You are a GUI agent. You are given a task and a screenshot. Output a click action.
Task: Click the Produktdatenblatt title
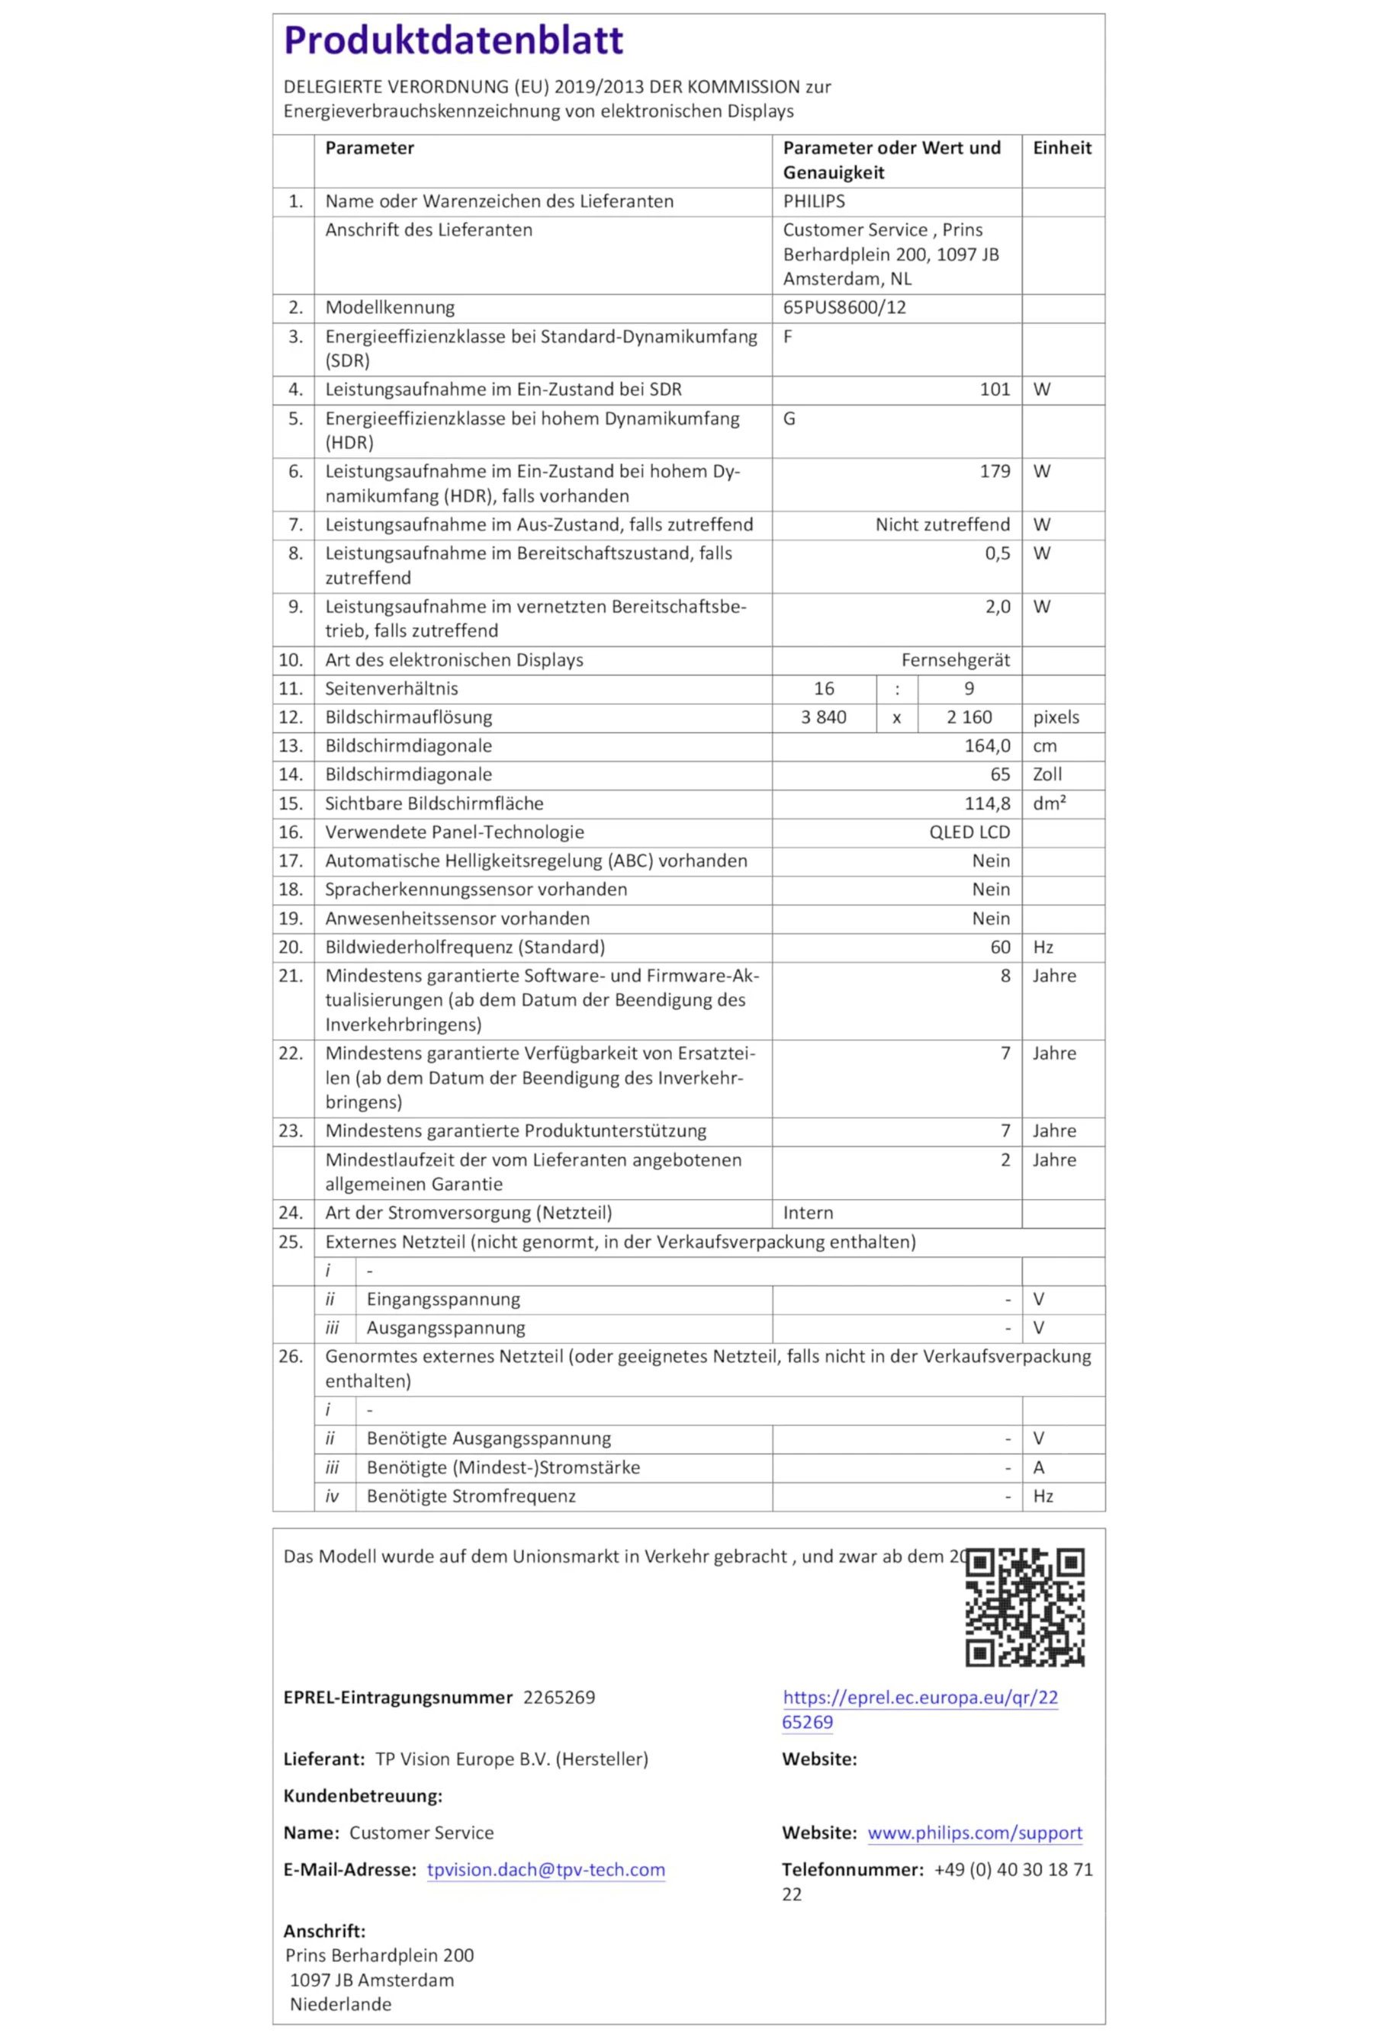452,41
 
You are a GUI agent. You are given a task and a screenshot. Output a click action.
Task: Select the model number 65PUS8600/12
844,308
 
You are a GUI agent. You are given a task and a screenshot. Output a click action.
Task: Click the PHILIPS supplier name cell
813,201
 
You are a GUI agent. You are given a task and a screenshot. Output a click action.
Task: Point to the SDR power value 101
994,390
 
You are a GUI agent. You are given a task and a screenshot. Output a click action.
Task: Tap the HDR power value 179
994,472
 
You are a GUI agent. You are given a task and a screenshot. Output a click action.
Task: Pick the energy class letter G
789,419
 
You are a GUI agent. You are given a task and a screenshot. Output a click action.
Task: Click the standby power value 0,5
997,553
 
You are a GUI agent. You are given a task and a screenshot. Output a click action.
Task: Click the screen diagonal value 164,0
987,746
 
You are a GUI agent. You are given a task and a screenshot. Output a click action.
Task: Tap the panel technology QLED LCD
969,832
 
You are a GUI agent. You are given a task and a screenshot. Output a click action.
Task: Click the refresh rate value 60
999,948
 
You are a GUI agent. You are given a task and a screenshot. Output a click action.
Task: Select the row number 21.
291,976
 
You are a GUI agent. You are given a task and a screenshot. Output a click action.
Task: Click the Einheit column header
1062,148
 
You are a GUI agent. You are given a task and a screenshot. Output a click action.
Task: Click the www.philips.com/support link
974,1833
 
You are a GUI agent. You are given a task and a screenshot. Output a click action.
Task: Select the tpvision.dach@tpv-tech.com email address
545,1869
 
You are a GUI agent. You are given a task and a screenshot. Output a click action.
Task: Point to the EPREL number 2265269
558,1698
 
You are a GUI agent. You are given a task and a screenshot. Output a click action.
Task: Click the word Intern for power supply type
807,1214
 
